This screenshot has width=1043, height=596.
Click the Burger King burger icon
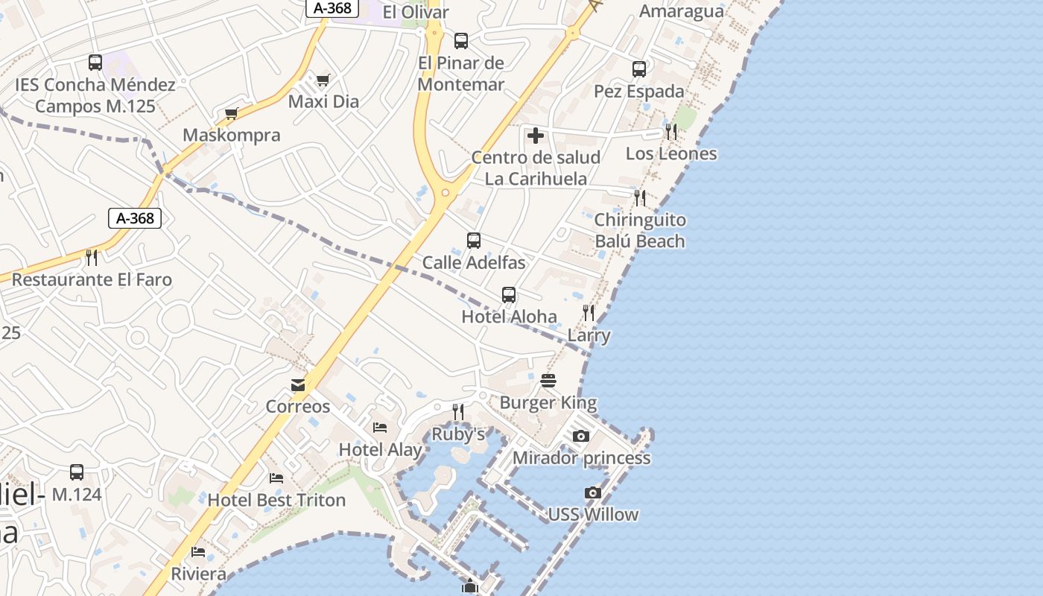[x=548, y=381]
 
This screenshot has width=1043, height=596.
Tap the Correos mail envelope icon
[x=298, y=385]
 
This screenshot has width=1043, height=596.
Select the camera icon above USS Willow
[x=592, y=492]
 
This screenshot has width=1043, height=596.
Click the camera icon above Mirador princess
[x=581, y=436]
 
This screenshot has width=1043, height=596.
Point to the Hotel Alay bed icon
[x=380, y=428]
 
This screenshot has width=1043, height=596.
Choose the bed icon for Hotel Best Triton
[x=276, y=478]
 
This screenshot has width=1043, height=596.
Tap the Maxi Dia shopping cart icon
[x=323, y=80]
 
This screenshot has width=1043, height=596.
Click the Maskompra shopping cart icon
[x=231, y=113]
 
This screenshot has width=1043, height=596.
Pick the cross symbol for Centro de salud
[x=535, y=136]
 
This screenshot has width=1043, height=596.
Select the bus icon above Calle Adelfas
[x=474, y=241]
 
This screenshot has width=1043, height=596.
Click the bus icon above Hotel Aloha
[x=509, y=294]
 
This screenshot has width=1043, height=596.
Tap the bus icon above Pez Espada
[x=639, y=69]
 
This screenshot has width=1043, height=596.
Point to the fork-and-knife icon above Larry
[x=589, y=313]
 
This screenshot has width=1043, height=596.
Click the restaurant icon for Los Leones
[x=671, y=132]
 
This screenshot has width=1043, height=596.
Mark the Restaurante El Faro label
[x=92, y=280]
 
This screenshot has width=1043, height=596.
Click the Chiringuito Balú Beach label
[x=640, y=230]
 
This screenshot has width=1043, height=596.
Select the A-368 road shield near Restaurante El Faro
[x=135, y=218]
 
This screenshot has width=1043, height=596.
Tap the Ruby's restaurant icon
[x=458, y=412]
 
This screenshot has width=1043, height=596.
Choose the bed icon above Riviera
[x=198, y=552]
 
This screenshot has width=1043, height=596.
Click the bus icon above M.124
[x=77, y=472]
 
